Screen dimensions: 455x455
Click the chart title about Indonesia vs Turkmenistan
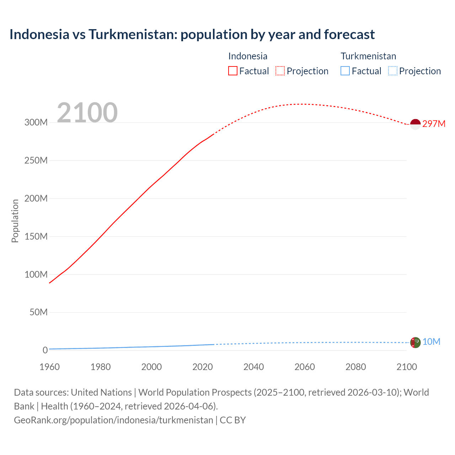tap(192, 34)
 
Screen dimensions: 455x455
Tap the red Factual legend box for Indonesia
tap(233, 71)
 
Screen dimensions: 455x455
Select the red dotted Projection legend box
tap(280, 71)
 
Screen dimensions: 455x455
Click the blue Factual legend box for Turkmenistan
tap(345, 71)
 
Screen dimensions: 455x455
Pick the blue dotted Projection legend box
tap(393, 71)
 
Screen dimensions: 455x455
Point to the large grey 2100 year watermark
tap(87, 113)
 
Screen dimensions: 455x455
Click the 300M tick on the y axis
tap(36, 122)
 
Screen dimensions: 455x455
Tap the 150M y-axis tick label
tap(36, 236)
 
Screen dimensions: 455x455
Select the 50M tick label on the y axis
tap(38, 312)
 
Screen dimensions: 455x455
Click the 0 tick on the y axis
tap(45, 350)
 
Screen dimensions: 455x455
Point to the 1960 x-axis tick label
tap(49, 367)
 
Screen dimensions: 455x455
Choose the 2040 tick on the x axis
tap(253, 367)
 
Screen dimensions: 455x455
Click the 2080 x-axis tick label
tap(355, 367)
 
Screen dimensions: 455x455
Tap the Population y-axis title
tap(15, 221)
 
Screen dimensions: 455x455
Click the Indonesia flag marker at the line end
tap(415, 124)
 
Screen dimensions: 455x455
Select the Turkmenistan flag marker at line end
tap(415, 342)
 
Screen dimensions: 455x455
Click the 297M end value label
tap(434, 124)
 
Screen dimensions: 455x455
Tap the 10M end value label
tap(431, 342)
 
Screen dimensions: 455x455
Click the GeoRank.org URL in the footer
tap(113, 420)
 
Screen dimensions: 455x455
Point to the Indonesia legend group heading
tap(248, 56)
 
